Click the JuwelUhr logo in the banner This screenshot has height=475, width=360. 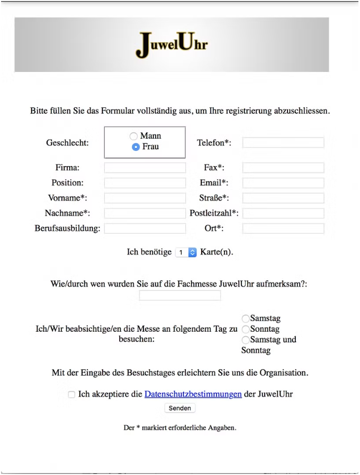tap(172, 44)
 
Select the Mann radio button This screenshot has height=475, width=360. tap(134, 136)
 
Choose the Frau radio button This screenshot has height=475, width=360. tap(136, 147)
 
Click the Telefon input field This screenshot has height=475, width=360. tap(283, 143)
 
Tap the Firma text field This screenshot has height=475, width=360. tap(145, 168)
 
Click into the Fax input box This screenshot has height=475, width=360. tap(283, 168)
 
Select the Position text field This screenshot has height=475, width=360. tap(145, 183)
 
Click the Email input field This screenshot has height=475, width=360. tap(283, 183)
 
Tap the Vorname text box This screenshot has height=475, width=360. tap(145, 198)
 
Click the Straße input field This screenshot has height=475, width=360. tap(283, 198)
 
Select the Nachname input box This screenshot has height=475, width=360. tap(145, 214)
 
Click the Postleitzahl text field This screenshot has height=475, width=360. tap(283, 214)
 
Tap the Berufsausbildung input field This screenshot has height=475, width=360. tap(145, 229)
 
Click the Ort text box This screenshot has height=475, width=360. tap(283, 229)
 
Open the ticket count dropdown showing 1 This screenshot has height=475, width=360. tap(186, 253)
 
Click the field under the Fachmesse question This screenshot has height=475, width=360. tap(180, 296)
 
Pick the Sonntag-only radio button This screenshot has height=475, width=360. tap(245, 329)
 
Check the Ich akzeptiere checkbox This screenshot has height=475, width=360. tap(71, 395)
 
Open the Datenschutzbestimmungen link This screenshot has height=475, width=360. tap(193, 394)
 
